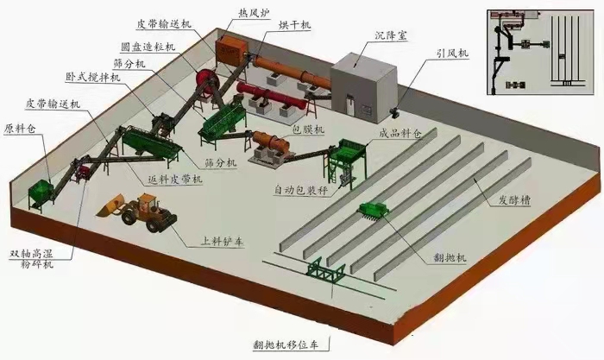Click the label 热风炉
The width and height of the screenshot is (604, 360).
click(x=254, y=14)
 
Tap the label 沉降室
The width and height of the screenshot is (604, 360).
click(x=391, y=36)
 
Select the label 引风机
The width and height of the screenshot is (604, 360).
click(x=453, y=53)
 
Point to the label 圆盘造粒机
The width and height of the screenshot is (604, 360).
click(x=148, y=47)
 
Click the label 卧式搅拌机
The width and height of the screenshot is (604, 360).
click(x=93, y=77)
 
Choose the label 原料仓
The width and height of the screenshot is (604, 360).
click(x=20, y=129)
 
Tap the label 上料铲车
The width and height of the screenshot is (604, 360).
click(x=223, y=241)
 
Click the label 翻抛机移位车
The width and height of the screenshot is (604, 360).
click(x=286, y=344)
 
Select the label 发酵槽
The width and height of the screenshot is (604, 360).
click(x=514, y=199)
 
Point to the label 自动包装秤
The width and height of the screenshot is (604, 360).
click(x=301, y=190)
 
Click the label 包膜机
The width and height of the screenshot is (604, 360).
click(x=308, y=129)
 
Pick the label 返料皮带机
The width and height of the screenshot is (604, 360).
click(x=175, y=179)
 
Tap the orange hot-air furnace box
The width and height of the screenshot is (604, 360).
click(x=230, y=50)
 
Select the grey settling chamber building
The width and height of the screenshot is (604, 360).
click(x=363, y=88)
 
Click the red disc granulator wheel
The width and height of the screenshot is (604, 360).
click(x=208, y=82)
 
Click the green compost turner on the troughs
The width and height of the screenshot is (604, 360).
click(x=374, y=211)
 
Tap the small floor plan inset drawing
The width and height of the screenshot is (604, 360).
click(x=540, y=51)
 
